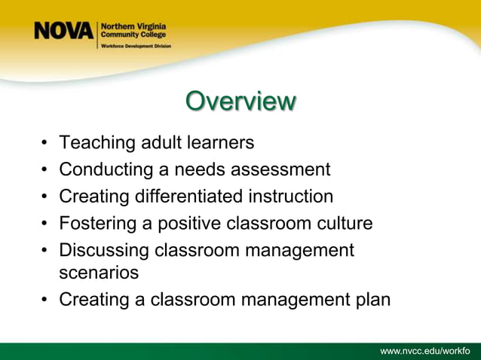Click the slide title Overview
pos(240,102)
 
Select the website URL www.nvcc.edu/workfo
pos(424,351)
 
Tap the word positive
pos(193,224)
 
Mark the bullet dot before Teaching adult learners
pos(46,143)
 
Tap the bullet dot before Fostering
pos(46,224)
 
